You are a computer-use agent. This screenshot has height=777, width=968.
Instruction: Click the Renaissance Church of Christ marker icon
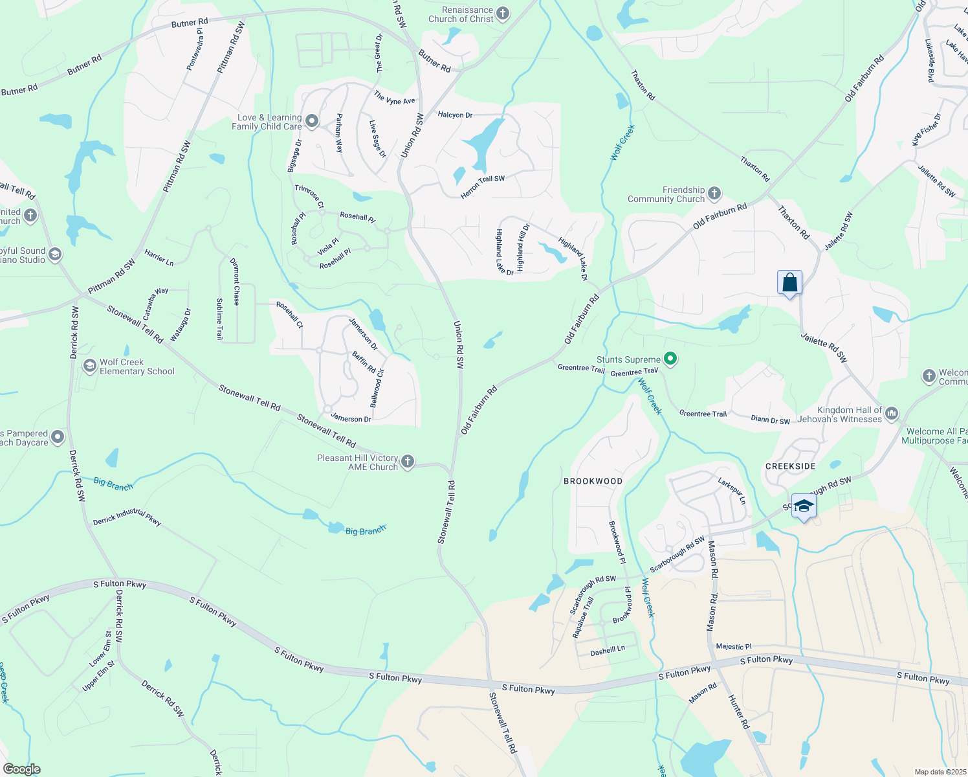tap(503, 14)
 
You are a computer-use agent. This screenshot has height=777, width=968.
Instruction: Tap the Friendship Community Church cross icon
tap(714, 194)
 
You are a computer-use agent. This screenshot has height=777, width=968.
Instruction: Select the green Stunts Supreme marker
tap(670, 359)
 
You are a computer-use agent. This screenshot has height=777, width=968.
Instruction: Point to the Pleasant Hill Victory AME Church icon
tap(407, 462)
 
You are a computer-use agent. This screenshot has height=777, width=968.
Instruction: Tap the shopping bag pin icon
tap(789, 283)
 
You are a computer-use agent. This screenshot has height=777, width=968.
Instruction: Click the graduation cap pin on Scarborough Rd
tap(804, 506)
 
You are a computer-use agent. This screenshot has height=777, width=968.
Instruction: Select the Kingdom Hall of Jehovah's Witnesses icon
tap(892, 413)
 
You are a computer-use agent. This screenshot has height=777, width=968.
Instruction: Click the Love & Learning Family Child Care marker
tap(312, 121)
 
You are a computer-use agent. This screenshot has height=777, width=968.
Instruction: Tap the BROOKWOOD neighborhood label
tap(593, 481)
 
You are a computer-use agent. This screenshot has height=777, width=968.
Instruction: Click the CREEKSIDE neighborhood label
tap(790, 466)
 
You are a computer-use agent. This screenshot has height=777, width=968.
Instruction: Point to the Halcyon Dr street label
tap(455, 115)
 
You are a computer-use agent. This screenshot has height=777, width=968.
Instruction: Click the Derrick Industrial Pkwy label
tap(127, 517)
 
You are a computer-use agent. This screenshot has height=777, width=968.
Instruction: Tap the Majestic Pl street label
tap(734, 646)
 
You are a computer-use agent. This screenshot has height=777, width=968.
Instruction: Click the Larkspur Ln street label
tap(732, 491)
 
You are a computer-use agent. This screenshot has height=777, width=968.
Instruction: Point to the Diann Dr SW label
tap(770, 420)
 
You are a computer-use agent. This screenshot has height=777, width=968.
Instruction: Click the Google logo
tap(21, 769)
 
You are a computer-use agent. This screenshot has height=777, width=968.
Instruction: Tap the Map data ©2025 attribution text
tap(939, 772)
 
